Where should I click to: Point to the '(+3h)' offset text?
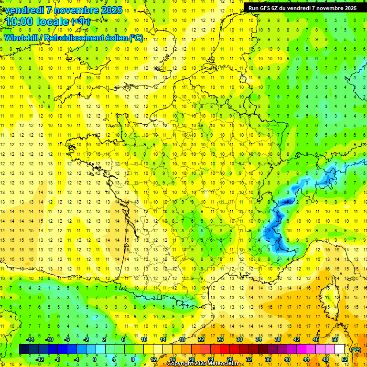coord(80,21)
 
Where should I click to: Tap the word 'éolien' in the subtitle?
coord(115,38)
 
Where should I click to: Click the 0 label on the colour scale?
coord(94,359)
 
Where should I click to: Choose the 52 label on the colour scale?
coord(344,359)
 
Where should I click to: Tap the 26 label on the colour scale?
coord(220,339)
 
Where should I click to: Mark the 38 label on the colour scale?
coord(277,339)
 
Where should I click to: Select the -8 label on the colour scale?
coord(57,359)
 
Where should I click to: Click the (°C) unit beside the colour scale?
coord(356,349)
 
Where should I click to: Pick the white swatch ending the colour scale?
coord(339,349)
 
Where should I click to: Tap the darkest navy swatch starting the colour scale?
coord(24,349)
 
